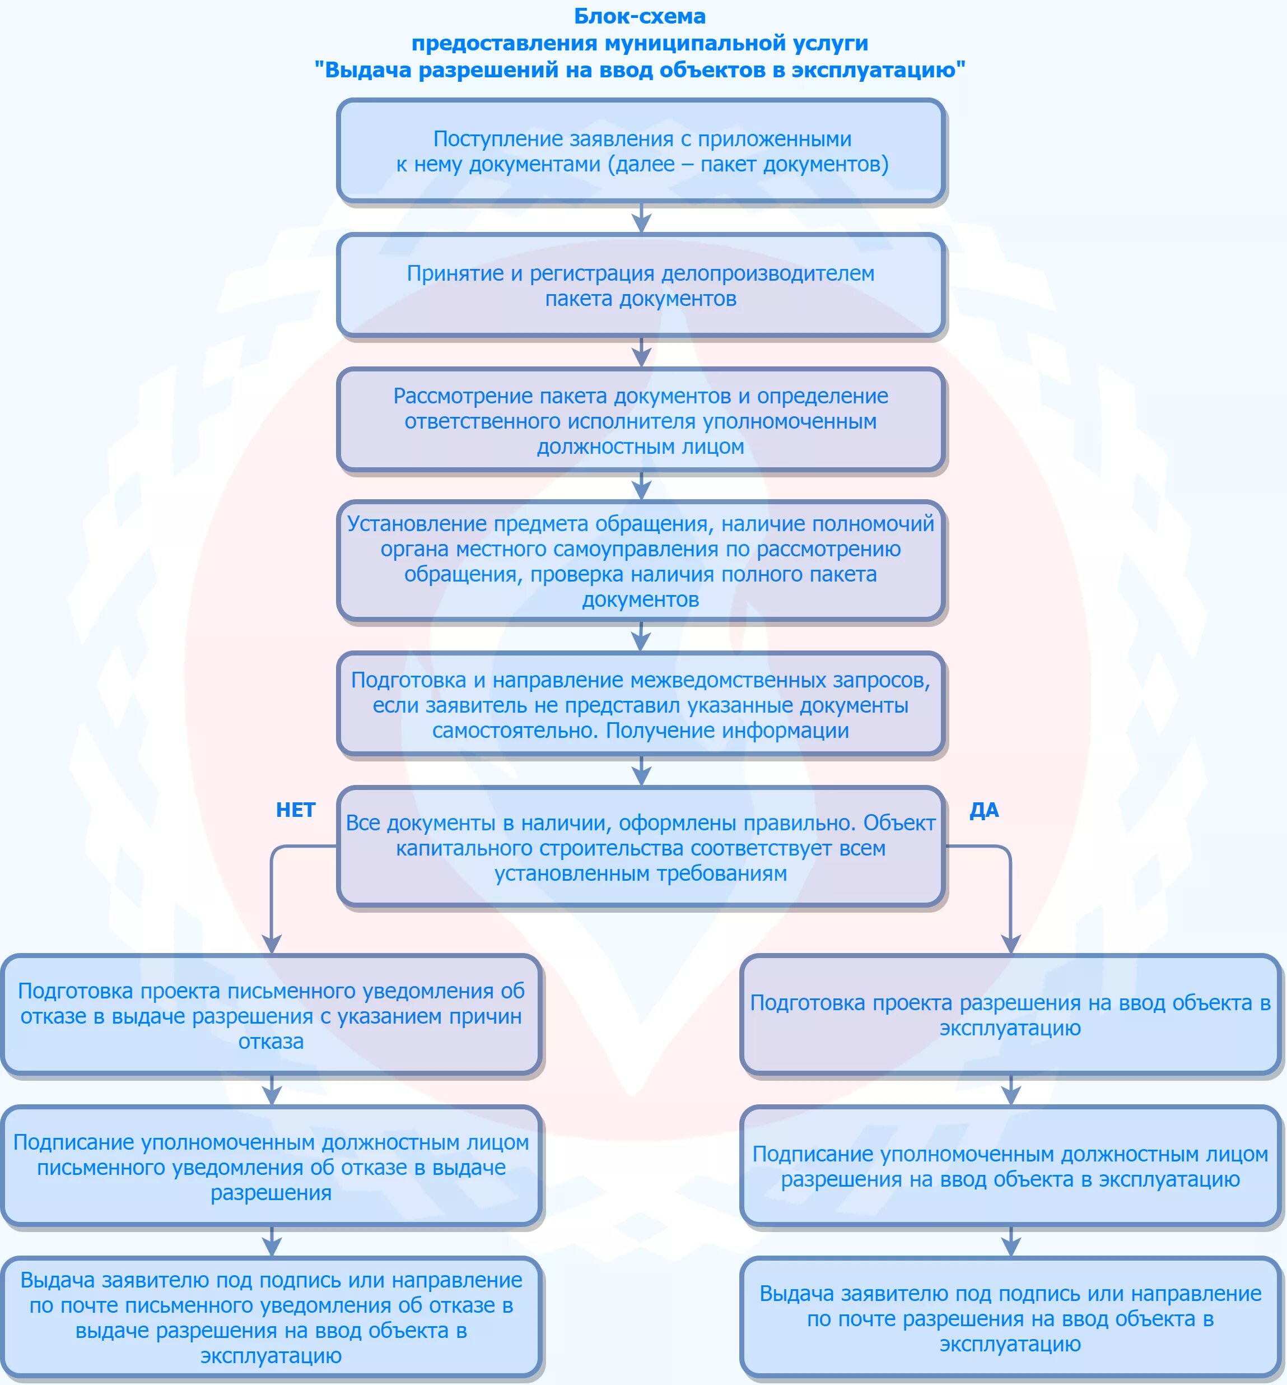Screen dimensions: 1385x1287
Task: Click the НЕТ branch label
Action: click(295, 810)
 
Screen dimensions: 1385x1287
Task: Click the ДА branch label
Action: click(984, 810)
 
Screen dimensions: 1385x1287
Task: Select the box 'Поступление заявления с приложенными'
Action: click(641, 151)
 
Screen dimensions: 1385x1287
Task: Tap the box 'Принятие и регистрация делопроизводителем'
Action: click(641, 286)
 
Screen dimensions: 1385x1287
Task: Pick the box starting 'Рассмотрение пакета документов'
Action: click(641, 421)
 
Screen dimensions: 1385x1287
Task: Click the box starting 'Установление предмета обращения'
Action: click(641, 561)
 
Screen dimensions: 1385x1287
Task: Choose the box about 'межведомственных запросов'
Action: click(641, 704)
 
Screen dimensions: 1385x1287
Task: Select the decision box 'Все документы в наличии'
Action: click(641, 847)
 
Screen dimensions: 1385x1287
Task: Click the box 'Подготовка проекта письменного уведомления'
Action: click(271, 1016)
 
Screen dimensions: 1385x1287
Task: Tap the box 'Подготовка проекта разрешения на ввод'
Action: click(1010, 1015)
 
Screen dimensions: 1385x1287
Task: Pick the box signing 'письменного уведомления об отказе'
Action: click(271, 1167)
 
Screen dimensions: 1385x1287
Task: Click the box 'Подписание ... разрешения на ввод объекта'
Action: click(1010, 1166)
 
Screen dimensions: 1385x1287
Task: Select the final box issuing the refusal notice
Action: click(271, 1317)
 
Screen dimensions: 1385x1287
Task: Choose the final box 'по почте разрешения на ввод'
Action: click(1010, 1318)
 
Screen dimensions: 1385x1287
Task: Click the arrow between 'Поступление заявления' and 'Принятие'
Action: click(641, 219)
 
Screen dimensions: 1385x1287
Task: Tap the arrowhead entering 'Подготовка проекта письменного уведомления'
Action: click(271, 944)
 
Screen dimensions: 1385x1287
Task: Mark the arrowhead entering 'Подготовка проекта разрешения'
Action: click(1010, 944)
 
